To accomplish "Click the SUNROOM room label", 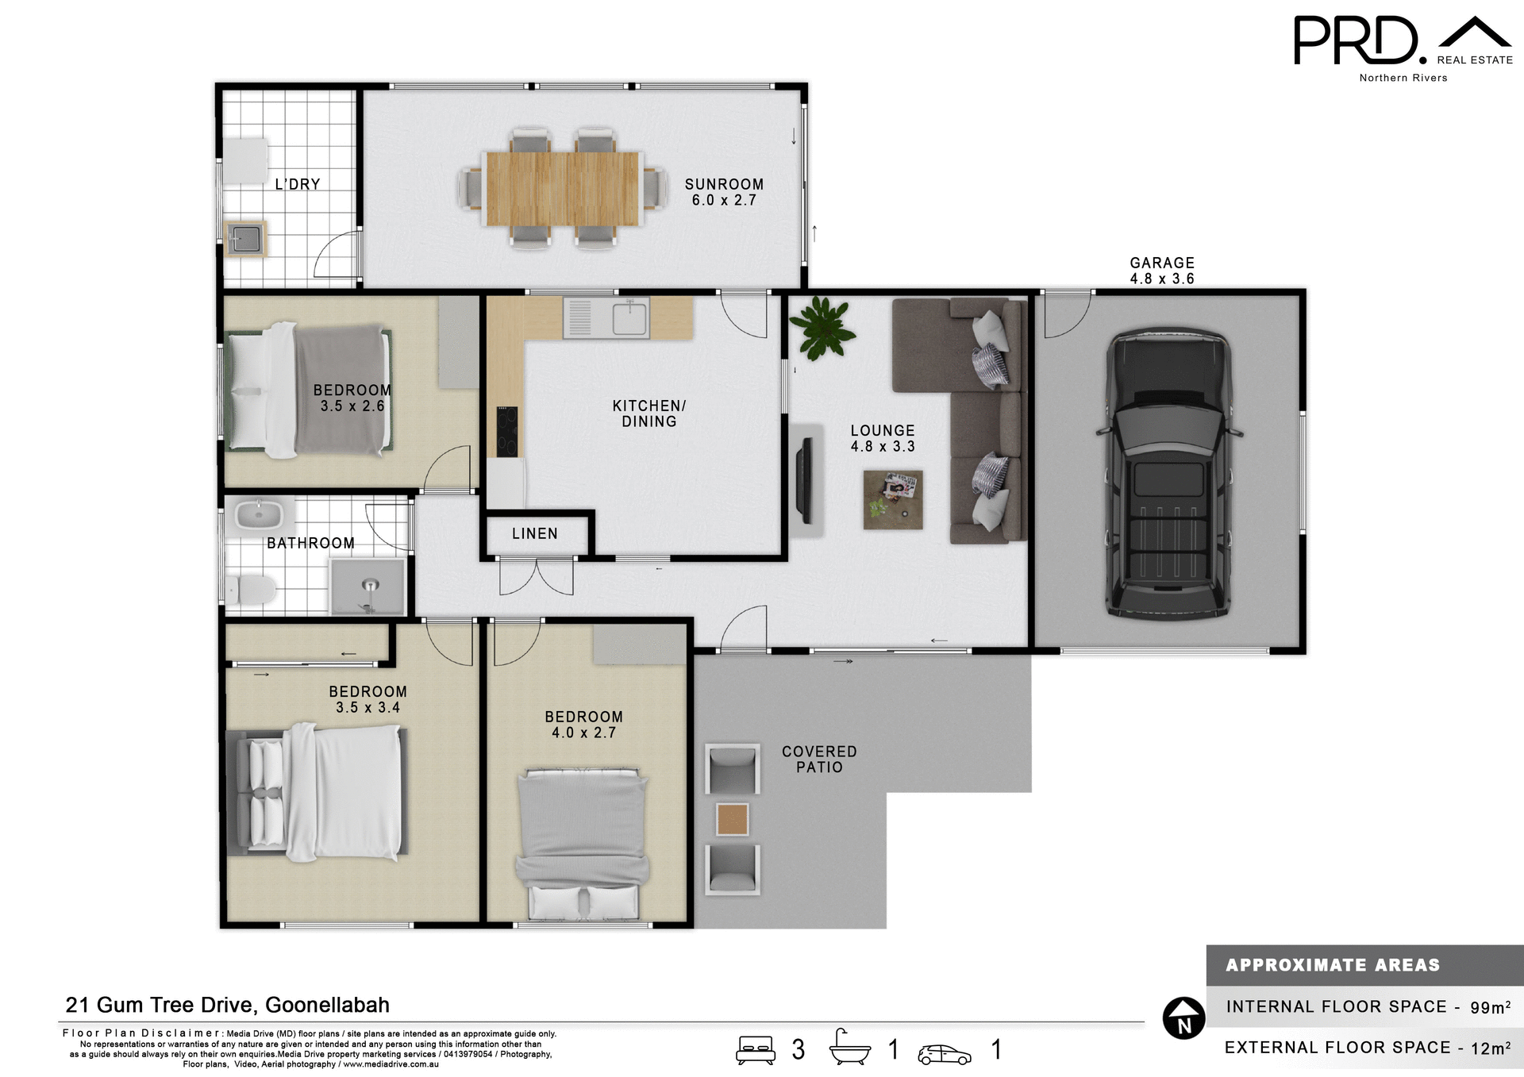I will [x=724, y=184].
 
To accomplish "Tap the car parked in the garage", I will [x=1168, y=475].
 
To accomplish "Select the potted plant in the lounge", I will [x=822, y=329].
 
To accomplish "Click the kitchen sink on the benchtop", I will [x=629, y=319].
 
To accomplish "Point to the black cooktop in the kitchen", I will [x=507, y=431].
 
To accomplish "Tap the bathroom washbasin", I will [x=259, y=515].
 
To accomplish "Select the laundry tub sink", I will [x=244, y=238].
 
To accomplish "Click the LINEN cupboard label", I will [x=534, y=534].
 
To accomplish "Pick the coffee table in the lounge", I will [x=893, y=500].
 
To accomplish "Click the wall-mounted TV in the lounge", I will [x=805, y=481].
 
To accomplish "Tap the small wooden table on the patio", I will [x=732, y=819].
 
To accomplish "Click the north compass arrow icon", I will [x=1183, y=1018].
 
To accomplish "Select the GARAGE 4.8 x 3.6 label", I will [x=1161, y=271].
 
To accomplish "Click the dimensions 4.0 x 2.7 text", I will [x=583, y=733].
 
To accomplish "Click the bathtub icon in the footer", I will [x=849, y=1048].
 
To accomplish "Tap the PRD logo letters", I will [x=1356, y=41].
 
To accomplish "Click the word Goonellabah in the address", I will [x=327, y=1006].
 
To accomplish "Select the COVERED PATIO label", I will [x=819, y=760].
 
